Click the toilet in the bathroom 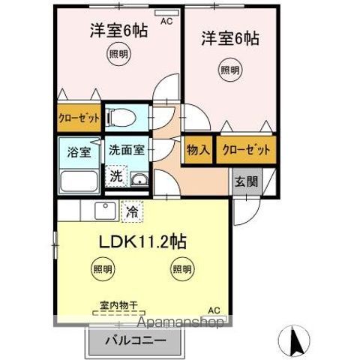tap(121, 117)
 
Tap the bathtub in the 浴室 tap(79, 181)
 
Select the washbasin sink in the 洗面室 tap(139, 179)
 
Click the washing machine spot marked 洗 tap(116, 176)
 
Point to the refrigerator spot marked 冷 tap(132, 211)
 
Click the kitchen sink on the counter tap(105, 211)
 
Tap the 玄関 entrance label tap(247, 181)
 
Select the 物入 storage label tap(198, 149)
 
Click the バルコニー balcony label tap(135, 340)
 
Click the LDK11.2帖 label tap(143, 241)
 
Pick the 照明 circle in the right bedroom tap(230, 70)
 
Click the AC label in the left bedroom tap(166, 21)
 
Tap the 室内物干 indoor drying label tap(118, 305)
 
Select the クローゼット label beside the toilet tap(79, 118)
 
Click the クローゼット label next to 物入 tap(246, 150)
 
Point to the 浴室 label tap(79, 152)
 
